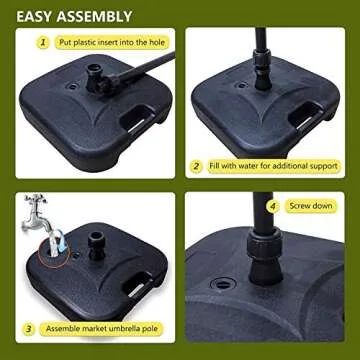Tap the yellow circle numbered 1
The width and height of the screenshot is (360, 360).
(43, 44)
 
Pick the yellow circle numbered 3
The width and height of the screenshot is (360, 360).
(31, 328)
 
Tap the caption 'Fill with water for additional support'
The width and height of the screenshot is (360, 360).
(275, 164)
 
